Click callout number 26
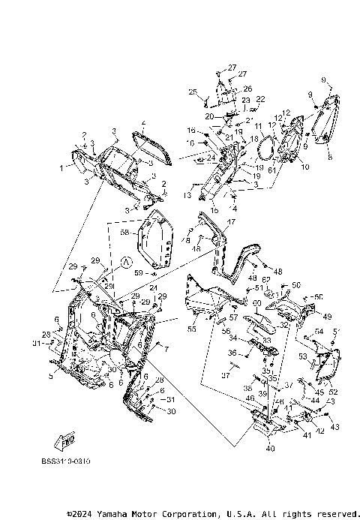[x=247, y=89]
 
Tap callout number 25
[x=193, y=92]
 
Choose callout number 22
[x=260, y=99]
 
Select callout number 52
[x=334, y=392]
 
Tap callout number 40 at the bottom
[x=269, y=449]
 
